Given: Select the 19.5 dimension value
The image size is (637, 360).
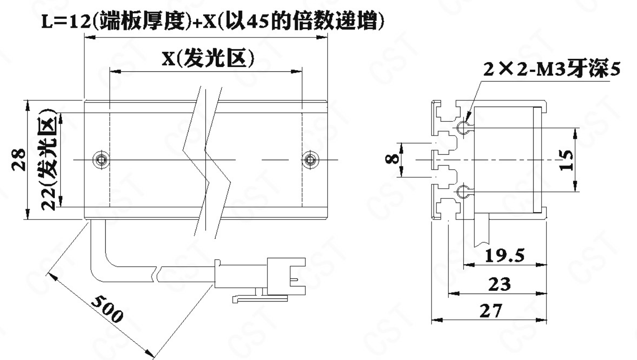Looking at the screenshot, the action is coord(504,255).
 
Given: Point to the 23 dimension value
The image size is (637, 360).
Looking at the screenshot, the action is coord(499,284).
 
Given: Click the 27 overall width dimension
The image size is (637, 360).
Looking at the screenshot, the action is coord(491,311).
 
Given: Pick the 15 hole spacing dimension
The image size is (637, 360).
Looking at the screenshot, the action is coord(567,160).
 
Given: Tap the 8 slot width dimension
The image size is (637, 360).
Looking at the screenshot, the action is coord(392,158).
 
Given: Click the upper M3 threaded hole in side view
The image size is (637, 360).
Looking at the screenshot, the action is coord(464,127).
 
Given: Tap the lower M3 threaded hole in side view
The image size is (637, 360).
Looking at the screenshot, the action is coord(464,191).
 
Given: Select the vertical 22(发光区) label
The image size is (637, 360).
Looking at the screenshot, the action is coord(48,160).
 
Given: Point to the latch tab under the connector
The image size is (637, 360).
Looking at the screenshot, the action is coord(260,298).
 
